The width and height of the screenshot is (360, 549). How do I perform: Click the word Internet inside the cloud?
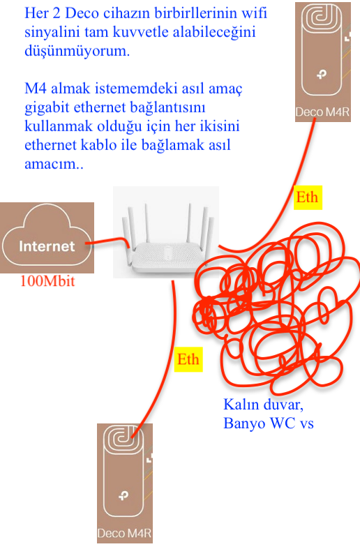click(x=47, y=246)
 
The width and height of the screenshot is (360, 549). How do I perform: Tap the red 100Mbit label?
click(x=47, y=281)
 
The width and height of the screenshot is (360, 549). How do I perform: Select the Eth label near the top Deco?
click(x=308, y=197)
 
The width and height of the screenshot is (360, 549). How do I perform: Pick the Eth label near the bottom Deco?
click(x=188, y=359)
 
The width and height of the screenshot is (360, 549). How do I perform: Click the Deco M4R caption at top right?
click(x=322, y=112)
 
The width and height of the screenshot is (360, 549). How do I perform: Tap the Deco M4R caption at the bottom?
click(x=124, y=533)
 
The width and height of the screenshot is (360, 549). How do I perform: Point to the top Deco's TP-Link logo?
click(x=322, y=74)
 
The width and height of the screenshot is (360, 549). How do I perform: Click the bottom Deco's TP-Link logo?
click(x=123, y=495)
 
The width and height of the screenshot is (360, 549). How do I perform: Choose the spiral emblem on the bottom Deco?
click(x=123, y=439)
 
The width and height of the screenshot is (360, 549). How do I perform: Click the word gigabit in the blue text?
click(x=47, y=108)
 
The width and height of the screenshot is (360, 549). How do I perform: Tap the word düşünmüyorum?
click(x=77, y=51)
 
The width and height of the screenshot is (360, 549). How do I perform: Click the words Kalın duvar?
click(x=263, y=405)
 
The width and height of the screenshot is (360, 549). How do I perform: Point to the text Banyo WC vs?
click(x=268, y=423)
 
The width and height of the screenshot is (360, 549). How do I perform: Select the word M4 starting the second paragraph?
click(x=36, y=88)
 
